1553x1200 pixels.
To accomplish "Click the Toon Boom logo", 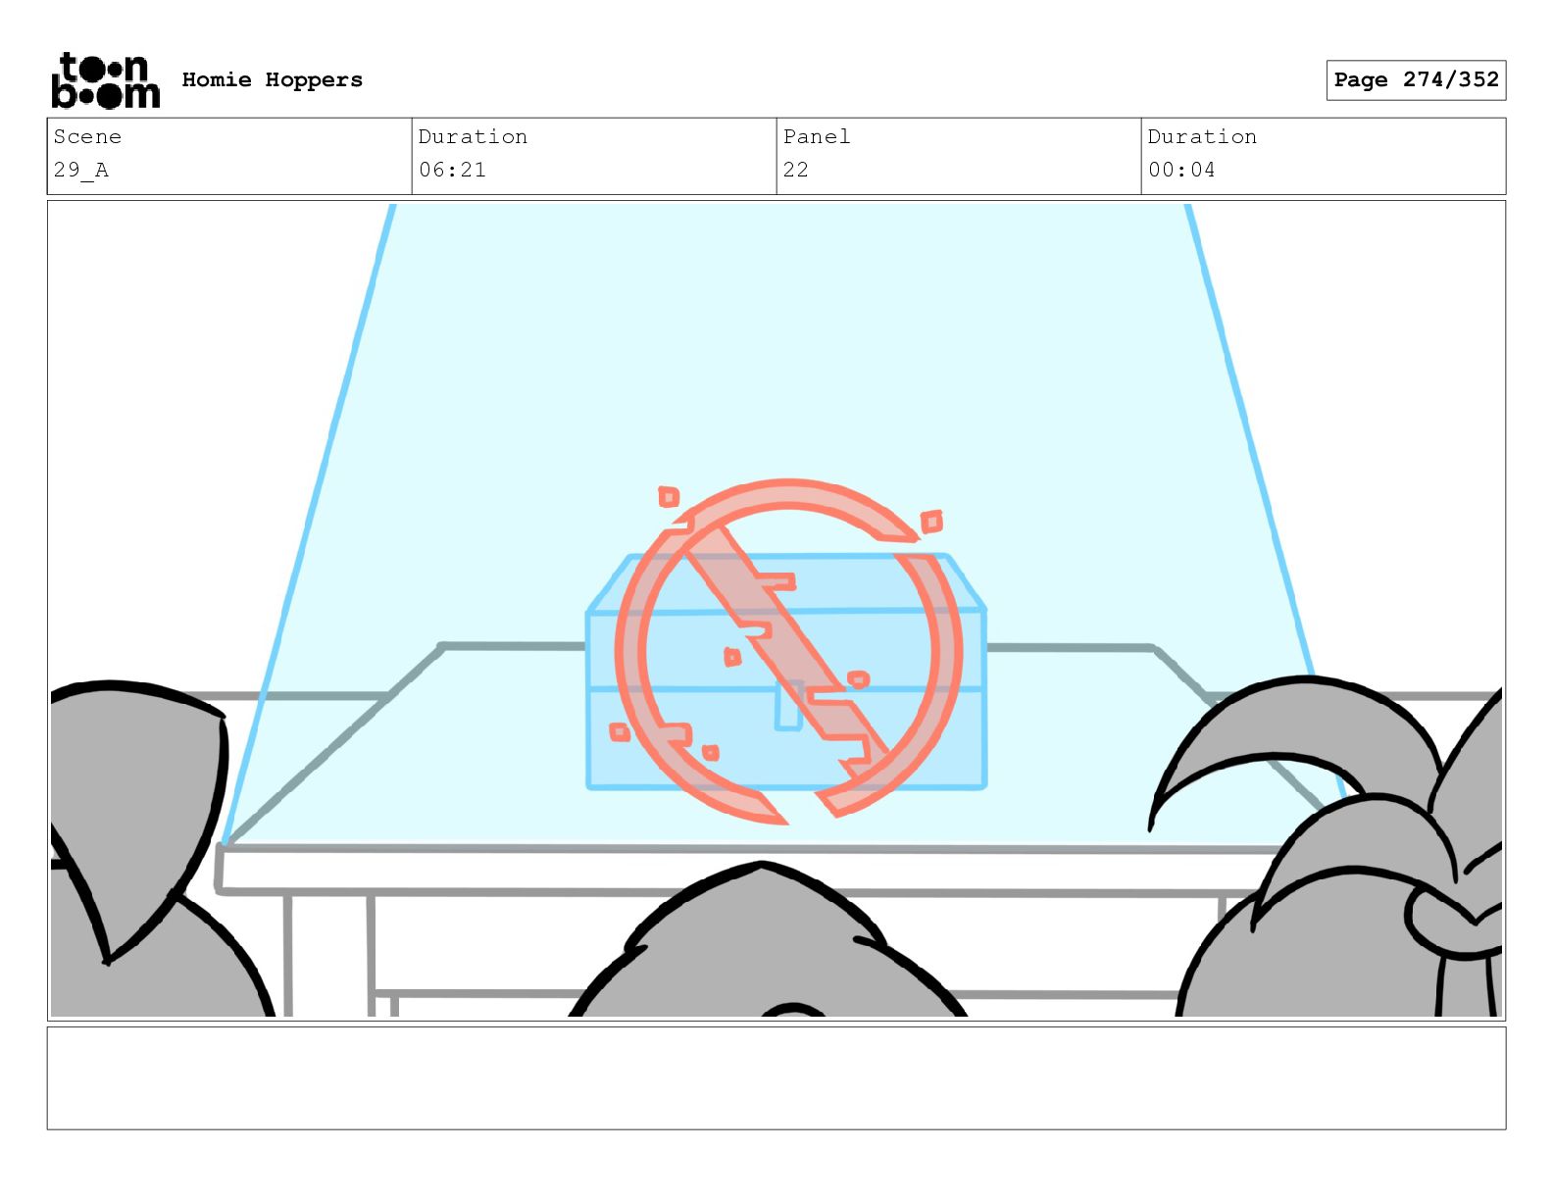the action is (x=105, y=80).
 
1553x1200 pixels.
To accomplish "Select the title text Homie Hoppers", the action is (x=272, y=79).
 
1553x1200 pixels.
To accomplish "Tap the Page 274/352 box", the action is (x=1415, y=80).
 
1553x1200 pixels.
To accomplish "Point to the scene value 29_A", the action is (x=80, y=171).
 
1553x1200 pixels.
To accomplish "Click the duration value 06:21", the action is (x=452, y=171).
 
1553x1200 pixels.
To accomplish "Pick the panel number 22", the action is (x=795, y=171).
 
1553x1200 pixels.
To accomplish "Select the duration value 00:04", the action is (x=1181, y=171).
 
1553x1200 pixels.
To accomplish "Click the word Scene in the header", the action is (x=87, y=136).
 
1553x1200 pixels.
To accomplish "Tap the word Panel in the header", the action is (x=817, y=136).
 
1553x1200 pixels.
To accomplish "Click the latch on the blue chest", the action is (x=787, y=705).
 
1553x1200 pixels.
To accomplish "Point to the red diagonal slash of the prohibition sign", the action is (x=786, y=650).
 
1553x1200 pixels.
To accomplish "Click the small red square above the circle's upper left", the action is (x=669, y=497).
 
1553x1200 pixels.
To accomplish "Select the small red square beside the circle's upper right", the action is (x=931, y=522).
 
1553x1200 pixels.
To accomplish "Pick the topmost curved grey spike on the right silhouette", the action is (x=1293, y=736).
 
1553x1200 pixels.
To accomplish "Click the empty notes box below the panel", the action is (x=776, y=1077).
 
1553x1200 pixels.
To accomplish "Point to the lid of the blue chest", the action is (x=786, y=582).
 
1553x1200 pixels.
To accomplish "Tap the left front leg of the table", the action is (x=288, y=955).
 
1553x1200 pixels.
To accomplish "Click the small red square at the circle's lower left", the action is (x=619, y=732).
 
